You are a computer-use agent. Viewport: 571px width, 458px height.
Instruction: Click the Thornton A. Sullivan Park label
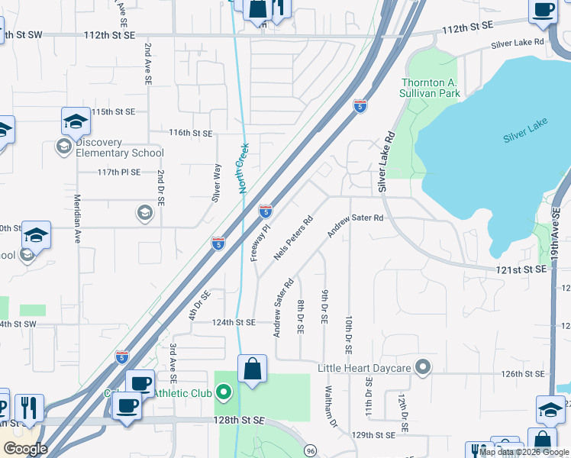[x=431, y=88]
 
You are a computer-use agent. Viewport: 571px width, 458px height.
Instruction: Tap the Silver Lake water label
[x=525, y=137]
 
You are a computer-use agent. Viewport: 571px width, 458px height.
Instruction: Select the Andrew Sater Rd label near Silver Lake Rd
[x=355, y=227]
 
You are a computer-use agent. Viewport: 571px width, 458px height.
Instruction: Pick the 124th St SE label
[x=234, y=322]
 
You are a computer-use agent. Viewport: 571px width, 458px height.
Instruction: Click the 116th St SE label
[x=190, y=133]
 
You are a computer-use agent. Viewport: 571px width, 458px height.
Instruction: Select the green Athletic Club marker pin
[x=224, y=393]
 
